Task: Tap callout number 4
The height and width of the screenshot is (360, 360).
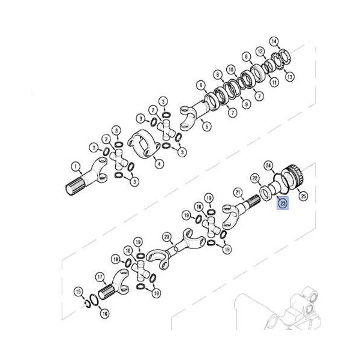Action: (x=159, y=164)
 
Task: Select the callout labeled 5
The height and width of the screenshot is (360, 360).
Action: (x=207, y=126)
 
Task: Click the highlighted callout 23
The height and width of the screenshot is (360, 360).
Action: (x=283, y=203)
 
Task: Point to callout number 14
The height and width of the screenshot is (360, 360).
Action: (x=274, y=42)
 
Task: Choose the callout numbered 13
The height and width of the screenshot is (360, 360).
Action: (x=290, y=77)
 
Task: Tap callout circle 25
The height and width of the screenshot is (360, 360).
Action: (x=303, y=196)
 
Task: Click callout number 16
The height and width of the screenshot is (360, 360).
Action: (x=104, y=313)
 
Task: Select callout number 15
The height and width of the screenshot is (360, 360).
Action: (x=79, y=292)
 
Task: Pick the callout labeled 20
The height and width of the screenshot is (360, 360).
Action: (x=167, y=237)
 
